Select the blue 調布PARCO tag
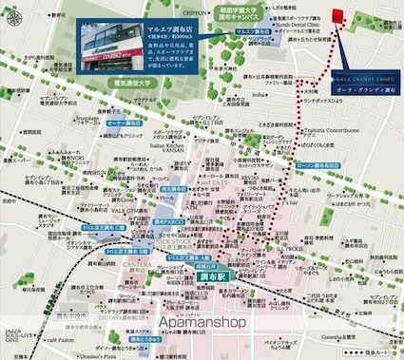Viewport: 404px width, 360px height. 167,219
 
